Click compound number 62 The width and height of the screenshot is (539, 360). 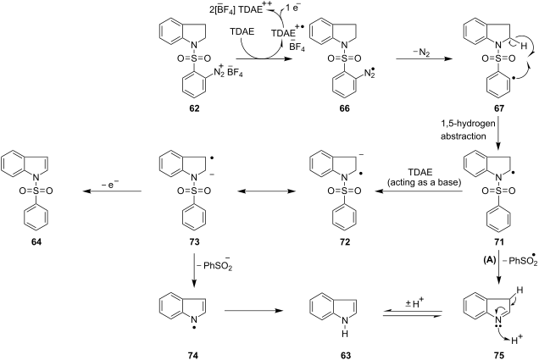pos(194,108)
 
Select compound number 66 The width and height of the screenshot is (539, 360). pos(345,108)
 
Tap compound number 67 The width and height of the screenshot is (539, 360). pos(499,108)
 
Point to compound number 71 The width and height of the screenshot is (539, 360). pos(499,241)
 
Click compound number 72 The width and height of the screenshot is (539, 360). pos(345,241)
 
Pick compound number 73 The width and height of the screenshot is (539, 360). pos(194,241)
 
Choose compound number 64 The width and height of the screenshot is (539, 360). pos(36,241)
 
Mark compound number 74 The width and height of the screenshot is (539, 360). pos(194,355)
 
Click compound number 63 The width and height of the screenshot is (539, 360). pos(345,355)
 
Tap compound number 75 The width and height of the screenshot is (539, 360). pos(499,355)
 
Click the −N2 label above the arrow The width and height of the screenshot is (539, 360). pos(421,53)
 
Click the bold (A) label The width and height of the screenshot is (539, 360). pos(489,260)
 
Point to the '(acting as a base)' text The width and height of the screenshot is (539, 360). pos(425,182)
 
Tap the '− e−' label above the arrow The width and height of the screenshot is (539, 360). pos(110,185)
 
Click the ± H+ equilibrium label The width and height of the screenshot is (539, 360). pos(414,303)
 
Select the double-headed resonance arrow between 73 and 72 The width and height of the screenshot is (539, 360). pos(267,191)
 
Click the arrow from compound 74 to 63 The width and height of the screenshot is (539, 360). pos(253,311)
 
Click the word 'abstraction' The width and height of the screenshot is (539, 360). pos(464,136)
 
